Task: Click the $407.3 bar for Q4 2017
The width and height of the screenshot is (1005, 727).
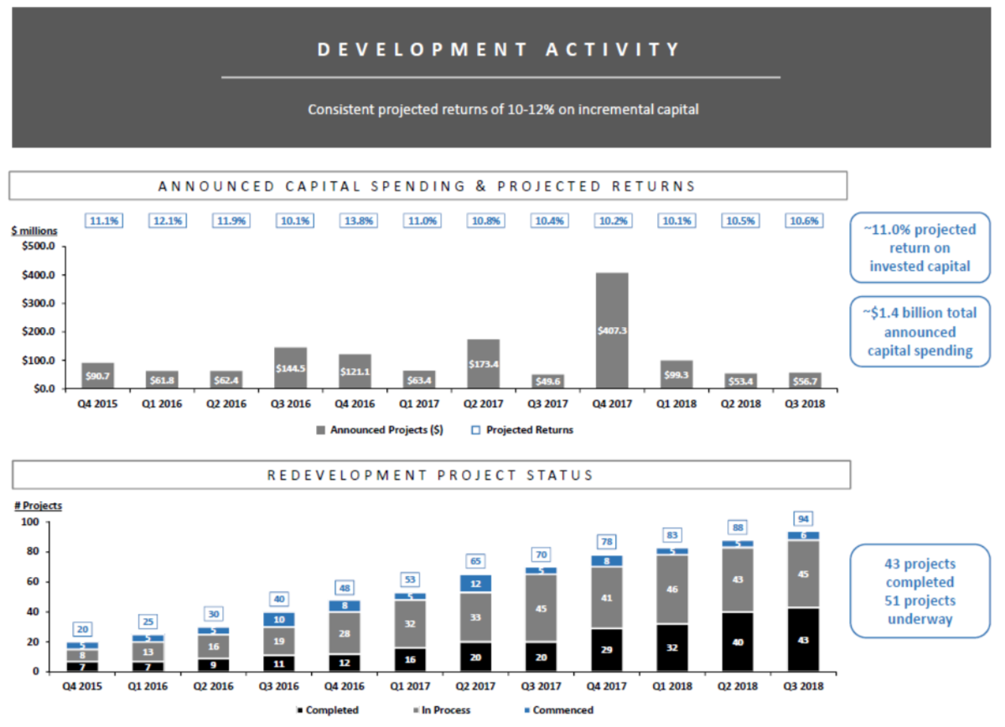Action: (x=613, y=330)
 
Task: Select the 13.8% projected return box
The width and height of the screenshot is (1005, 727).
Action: (x=358, y=221)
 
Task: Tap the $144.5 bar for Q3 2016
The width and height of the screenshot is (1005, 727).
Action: (x=290, y=368)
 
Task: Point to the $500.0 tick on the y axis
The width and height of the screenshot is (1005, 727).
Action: (x=36, y=247)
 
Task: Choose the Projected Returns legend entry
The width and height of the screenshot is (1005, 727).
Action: (x=527, y=430)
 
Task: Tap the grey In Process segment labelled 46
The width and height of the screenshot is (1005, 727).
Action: (x=673, y=590)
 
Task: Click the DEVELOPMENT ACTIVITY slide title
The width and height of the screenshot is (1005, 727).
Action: (x=500, y=50)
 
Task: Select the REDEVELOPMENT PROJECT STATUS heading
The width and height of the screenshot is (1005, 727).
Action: (x=430, y=475)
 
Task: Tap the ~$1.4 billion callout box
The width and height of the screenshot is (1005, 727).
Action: (x=920, y=331)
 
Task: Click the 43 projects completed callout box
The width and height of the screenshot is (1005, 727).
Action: (x=920, y=591)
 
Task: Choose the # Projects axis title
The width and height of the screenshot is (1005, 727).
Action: (x=38, y=505)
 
